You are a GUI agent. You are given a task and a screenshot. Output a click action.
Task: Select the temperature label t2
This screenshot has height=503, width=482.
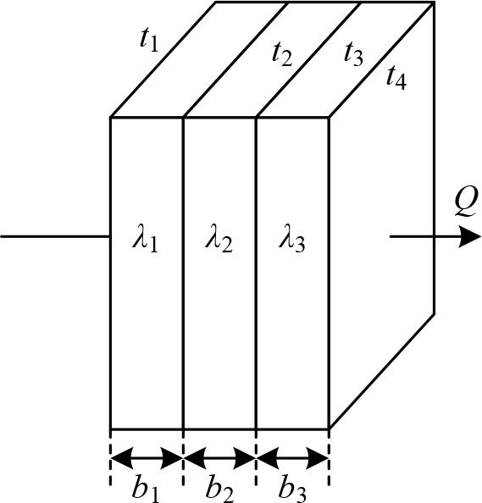tap(282, 53)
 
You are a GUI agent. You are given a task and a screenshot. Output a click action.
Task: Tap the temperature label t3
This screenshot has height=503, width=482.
tap(353, 53)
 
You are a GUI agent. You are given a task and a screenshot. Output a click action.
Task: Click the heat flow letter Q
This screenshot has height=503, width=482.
tap(464, 202)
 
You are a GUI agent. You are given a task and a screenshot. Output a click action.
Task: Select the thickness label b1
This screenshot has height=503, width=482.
tap(147, 487)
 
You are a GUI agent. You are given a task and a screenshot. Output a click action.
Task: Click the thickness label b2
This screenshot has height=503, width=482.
tap(219, 487)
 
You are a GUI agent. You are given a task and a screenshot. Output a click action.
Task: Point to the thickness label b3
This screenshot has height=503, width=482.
tap(292, 487)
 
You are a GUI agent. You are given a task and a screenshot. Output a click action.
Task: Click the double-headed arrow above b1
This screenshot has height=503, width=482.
tap(147, 458)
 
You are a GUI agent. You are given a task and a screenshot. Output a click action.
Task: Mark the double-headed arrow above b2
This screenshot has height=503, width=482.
tap(219, 458)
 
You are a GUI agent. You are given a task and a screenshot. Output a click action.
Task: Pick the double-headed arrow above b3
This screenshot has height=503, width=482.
tap(292, 458)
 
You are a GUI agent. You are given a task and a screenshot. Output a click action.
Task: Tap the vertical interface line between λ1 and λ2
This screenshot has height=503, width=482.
tap(183, 339)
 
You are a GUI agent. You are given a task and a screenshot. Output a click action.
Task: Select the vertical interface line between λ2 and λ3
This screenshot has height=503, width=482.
tap(256, 339)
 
